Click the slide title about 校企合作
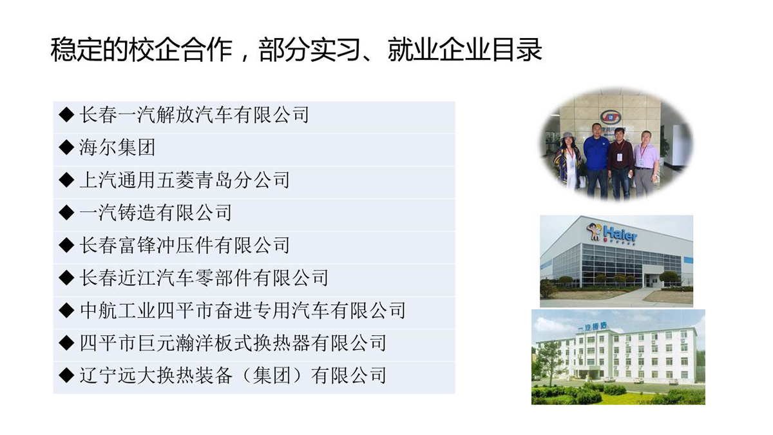point(296,50)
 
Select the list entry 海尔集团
point(117,148)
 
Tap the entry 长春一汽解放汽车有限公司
point(195,115)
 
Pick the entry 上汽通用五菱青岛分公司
point(185,180)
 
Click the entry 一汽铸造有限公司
point(156,213)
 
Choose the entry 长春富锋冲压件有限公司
point(185,245)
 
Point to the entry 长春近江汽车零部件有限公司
point(204,278)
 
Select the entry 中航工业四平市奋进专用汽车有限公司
point(243,311)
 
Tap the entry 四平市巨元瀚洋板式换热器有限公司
point(233,343)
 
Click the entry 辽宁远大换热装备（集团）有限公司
point(233,376)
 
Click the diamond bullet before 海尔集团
point(66,148)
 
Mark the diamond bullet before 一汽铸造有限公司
point(66,213)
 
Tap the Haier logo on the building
point(612,233)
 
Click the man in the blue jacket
point(596,160)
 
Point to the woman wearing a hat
point(568,160)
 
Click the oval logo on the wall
point(611,117)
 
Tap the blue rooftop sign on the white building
point(592,326)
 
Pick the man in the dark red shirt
point(620,163)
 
